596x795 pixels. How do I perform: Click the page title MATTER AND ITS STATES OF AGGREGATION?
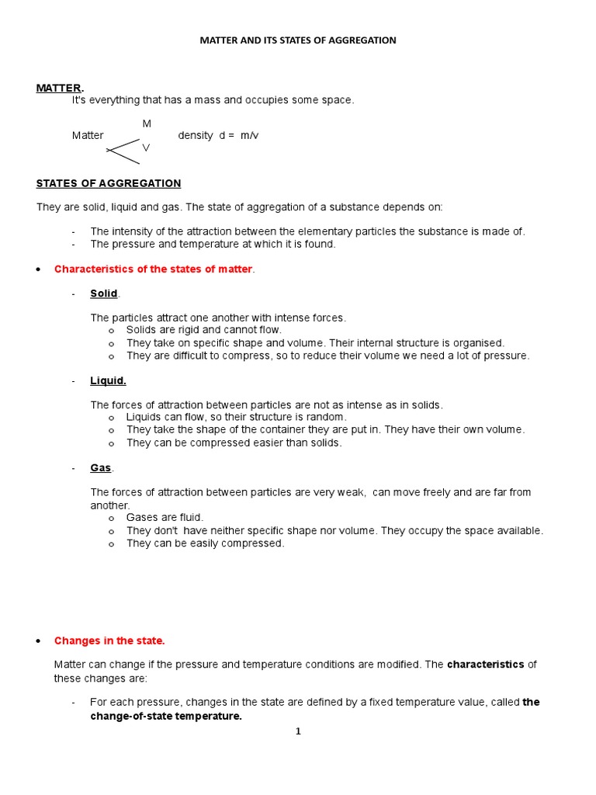coord(298,40)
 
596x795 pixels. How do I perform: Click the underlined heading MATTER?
coord(59,88)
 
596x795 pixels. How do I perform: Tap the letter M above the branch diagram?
coord(147,123)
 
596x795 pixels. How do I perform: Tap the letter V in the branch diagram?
coord(146,147)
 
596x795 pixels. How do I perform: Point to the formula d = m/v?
coord(240,135)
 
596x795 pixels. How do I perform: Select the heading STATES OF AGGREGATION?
coord(109,183)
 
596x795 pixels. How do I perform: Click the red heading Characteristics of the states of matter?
coord(153,269)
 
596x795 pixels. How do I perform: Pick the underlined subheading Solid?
coord(104,293)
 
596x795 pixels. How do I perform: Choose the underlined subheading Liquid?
coord(108,380)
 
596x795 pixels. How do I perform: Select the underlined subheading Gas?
coord(101,468)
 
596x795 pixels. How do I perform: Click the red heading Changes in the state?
coord(109,641)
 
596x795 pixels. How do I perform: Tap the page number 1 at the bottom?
coord(298,731)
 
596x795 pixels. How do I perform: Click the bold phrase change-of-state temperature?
coord(166,716)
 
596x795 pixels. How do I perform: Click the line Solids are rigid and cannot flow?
coord(203,330)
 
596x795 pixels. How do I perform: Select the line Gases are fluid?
coord(165,517)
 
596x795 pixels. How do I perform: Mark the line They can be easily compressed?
coord(205,543)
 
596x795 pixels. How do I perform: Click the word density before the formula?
coord(196,135)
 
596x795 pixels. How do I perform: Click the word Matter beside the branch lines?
coord(88,135)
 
